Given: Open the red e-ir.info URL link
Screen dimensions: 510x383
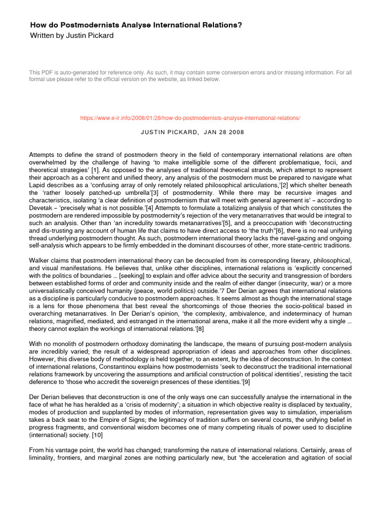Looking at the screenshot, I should (191, 118).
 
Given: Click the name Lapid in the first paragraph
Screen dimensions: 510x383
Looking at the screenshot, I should (38, 185).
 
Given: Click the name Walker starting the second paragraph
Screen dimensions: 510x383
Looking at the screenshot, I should (40, 261).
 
